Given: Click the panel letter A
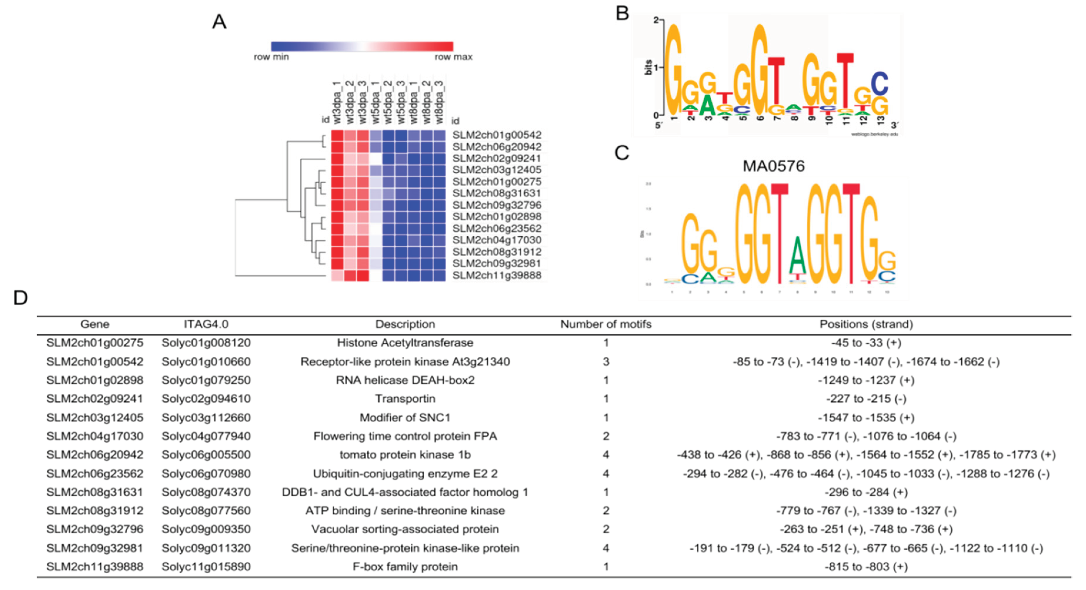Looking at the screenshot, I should click(219, 22).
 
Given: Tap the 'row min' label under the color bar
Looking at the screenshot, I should click(271, 57).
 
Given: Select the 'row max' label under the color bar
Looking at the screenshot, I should click(453, 57).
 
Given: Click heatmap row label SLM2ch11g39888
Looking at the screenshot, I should click(497, 275).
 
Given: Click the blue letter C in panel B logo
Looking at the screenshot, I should click(880, 84).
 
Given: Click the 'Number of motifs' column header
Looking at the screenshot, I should click(605, 324).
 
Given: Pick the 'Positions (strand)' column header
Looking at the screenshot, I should click(866, 324).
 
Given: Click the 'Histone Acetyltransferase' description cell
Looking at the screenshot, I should click(405, 343).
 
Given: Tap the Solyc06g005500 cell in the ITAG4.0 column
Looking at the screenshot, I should click(206, 455).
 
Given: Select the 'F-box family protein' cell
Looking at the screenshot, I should click(405, 567).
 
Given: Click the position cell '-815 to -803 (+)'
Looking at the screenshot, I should click(866, 567).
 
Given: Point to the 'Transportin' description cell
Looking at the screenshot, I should click(405, 399).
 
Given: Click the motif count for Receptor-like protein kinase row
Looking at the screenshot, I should click(605, 362).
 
